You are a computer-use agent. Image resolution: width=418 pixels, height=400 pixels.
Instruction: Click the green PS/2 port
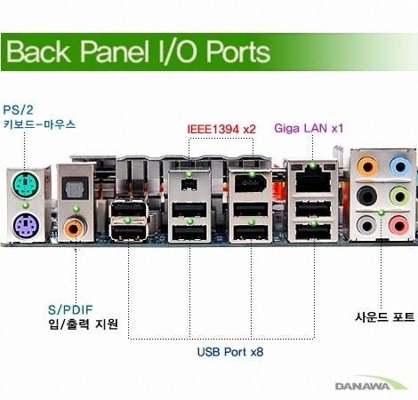pos(26,184)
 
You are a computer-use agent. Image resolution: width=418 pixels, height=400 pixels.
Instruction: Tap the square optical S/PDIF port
pos(76,188)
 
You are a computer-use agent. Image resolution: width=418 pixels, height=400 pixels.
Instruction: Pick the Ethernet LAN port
pos(313,181)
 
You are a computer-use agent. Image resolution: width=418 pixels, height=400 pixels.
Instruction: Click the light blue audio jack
pos(400,166)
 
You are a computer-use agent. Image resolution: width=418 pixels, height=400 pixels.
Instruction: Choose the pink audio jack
pos(399,226)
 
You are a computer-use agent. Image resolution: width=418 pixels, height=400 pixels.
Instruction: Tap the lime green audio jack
pos(399,196)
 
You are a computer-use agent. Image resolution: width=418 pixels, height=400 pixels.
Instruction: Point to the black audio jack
pos(367,196)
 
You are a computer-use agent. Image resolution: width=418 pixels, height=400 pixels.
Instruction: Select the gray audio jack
pos(367,226)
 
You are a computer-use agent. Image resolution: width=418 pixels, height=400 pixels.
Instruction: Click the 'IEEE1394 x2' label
pos(221,129)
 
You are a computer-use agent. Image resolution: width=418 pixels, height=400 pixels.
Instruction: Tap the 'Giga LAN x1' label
pos(309,128)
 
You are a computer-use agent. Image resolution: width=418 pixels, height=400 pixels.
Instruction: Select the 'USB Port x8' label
pos(230,352)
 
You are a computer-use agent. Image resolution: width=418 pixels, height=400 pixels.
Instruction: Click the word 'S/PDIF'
pos(70,310)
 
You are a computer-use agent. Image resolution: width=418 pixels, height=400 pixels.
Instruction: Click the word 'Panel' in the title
pos(115,52)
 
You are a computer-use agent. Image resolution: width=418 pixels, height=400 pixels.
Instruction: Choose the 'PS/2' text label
pos(18,110)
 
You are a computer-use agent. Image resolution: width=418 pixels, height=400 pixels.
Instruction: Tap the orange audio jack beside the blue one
pos(367,166)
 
